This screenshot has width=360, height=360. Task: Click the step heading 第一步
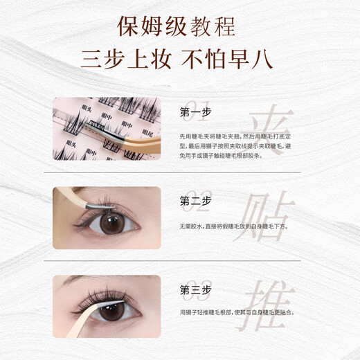tap(195, 111)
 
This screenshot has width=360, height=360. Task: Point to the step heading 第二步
tap(195, 201)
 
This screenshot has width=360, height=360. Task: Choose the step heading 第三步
tap(195, 290)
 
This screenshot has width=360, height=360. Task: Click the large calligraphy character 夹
tap(267, 131)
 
